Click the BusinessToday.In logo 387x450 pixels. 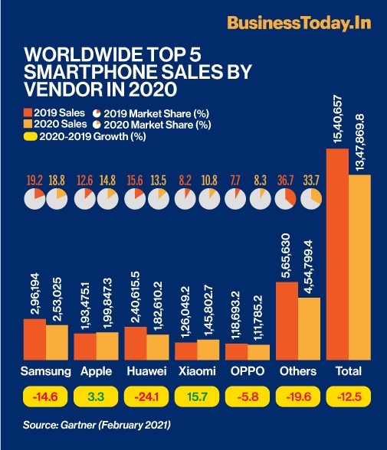299,22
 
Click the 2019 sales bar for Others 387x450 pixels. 287,321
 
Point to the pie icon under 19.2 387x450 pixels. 34,200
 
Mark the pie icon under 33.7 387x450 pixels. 311,200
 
